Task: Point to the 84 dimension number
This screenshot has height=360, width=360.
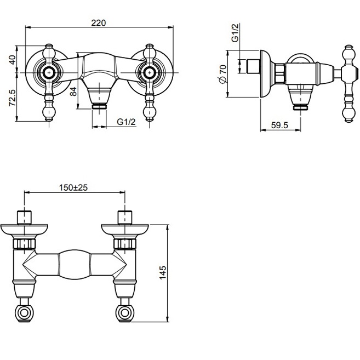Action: tap(73, 90)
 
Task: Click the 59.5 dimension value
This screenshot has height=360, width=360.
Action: tap(279, 125)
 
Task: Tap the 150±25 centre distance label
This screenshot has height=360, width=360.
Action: tap(74, 187)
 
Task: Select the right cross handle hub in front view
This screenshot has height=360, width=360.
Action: tap(148, 71)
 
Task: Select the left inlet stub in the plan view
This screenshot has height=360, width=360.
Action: tap(24, 217)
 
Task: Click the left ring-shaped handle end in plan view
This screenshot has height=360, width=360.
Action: tap(25, 314)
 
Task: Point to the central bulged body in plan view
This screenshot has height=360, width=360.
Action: tap(74, 263)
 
